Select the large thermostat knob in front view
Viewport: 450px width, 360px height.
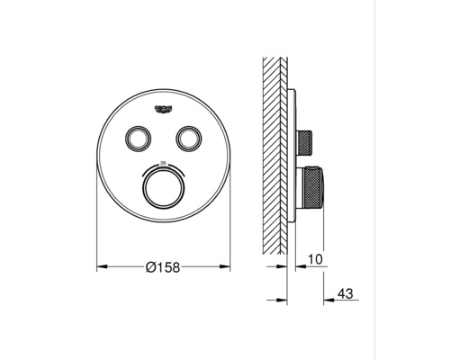click(163, 190)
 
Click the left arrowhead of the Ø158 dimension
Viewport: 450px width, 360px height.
click(101, 267)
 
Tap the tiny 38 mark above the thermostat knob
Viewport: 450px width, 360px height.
click(163, 164)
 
